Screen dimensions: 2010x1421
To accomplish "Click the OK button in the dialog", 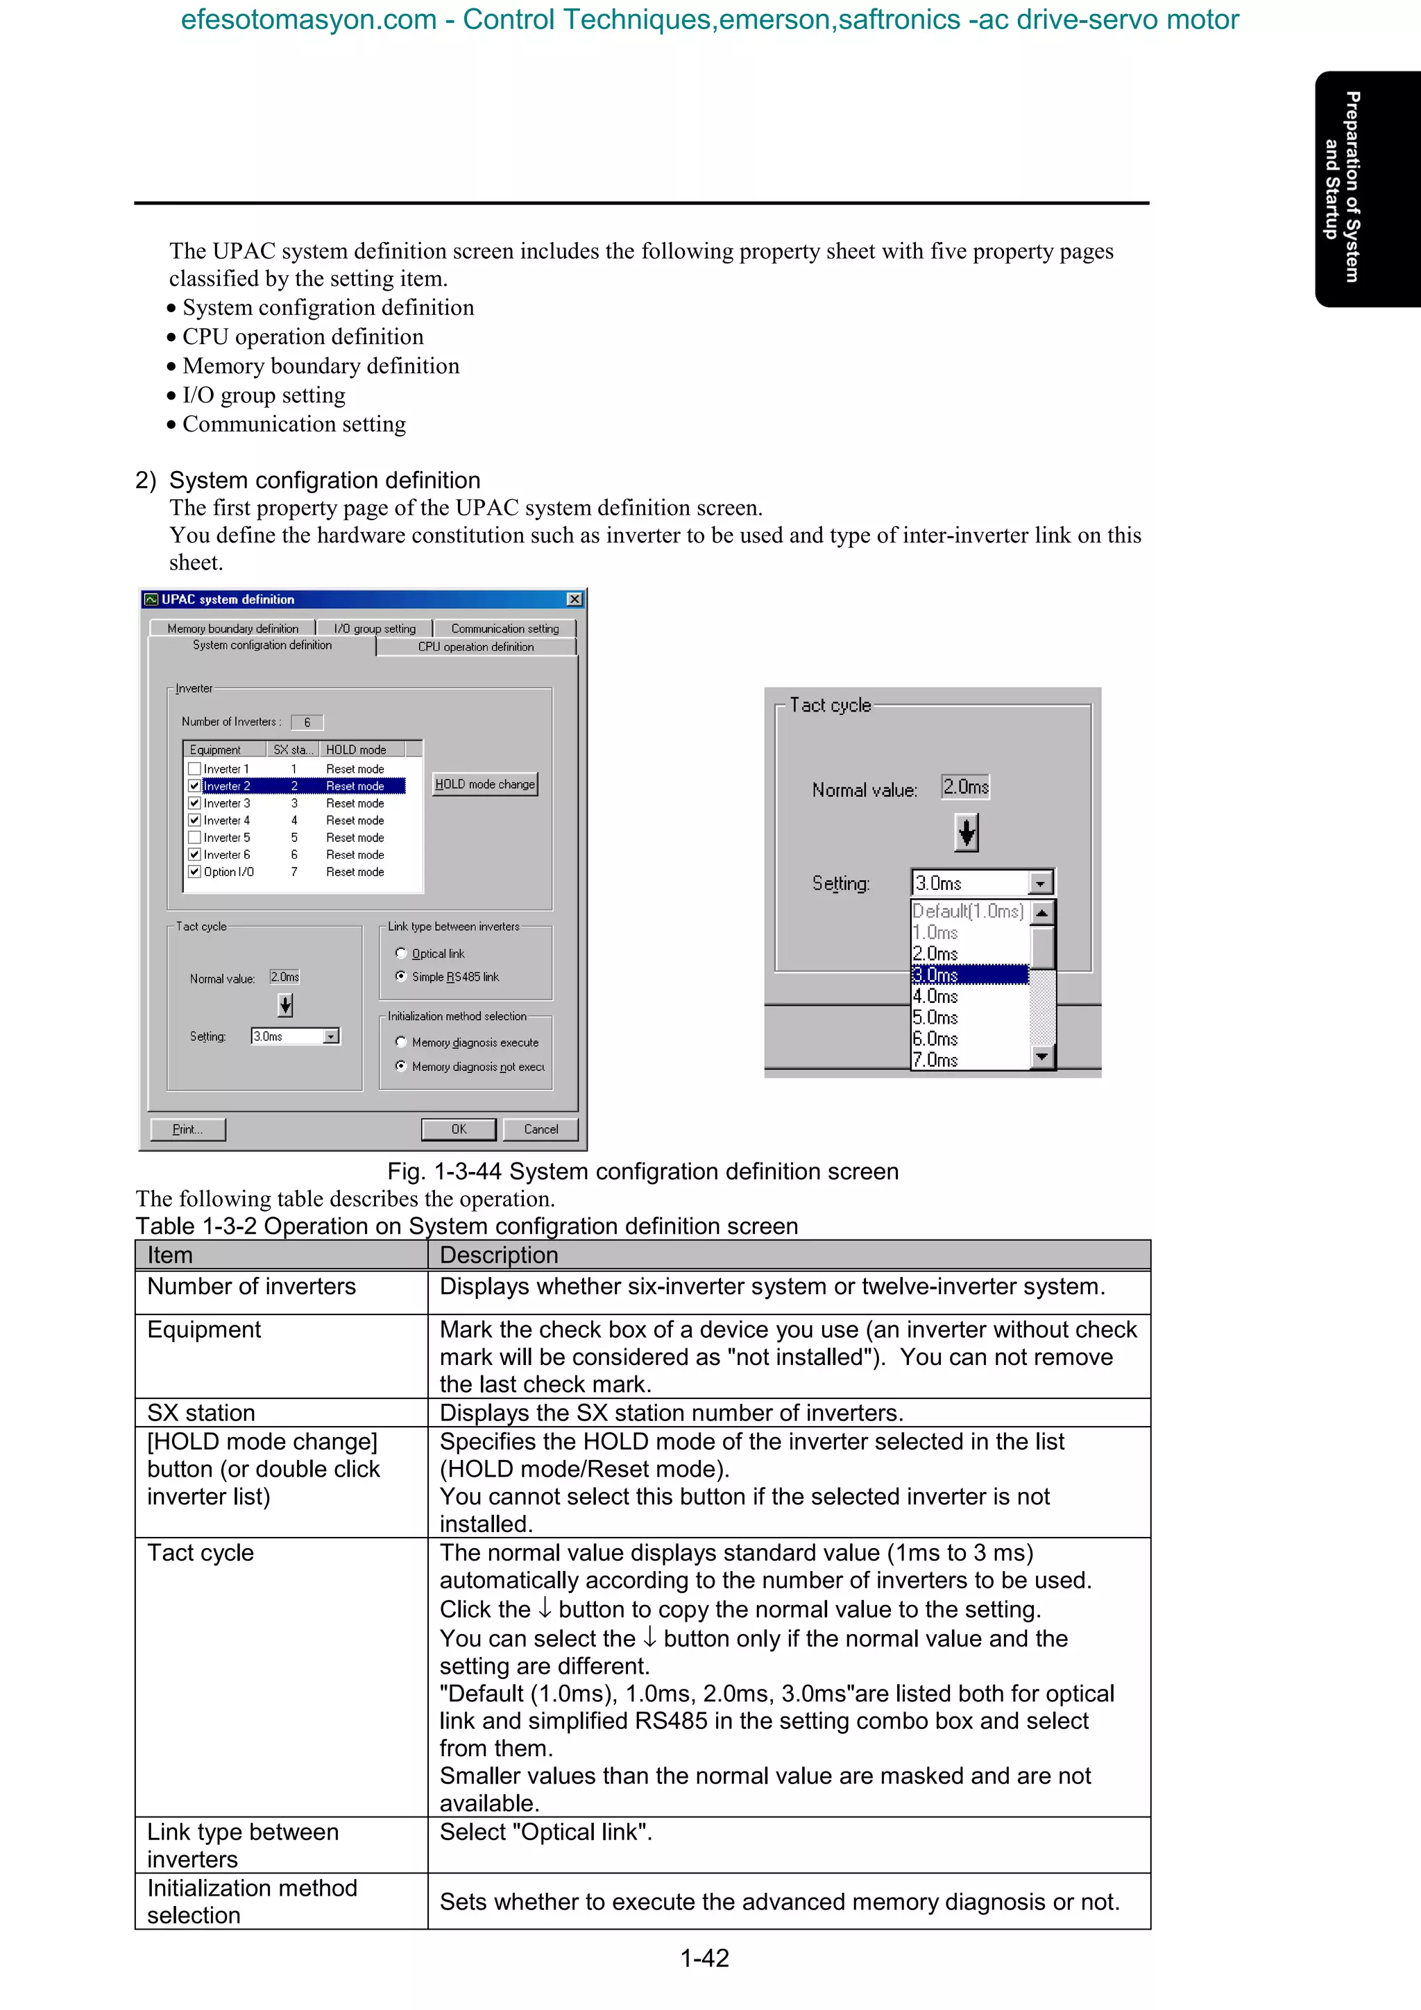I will click(458, 1129).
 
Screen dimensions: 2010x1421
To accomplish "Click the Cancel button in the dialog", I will click(541, 1129).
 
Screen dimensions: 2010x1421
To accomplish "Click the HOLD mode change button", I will click(485, 784).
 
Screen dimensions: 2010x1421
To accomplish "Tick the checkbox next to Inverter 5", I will click(194, 837).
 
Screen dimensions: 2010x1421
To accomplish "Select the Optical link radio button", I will click(401, 954).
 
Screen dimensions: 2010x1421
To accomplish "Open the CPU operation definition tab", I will click(475, 647).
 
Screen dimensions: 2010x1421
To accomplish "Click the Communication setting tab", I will click(504, 628).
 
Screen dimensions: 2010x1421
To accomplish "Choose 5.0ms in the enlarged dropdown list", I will click(935, 1017).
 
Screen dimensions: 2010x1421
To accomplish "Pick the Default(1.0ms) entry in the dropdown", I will click(967, 911).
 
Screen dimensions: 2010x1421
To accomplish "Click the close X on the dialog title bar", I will click(575, 600).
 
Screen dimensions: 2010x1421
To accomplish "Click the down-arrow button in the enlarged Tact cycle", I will click(966, 832).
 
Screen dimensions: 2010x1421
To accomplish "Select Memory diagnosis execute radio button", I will click(401, 1042).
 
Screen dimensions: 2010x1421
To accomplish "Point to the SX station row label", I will click(201, 1413).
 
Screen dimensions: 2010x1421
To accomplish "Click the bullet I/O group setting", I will click(264, 396).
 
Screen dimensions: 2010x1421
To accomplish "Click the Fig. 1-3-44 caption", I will click(643, 1171).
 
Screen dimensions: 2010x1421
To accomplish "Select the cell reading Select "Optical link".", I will click(545, 1832).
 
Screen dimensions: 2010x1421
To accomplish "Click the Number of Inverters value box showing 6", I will click(307, 722).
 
